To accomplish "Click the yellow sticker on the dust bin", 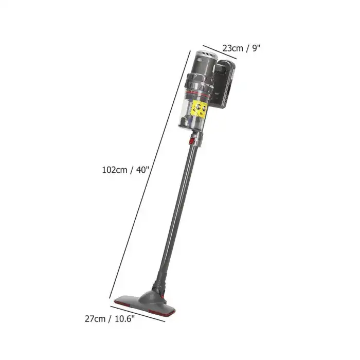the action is coord(199,109).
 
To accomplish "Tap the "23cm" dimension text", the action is coord(232,48).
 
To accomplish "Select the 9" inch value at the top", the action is coord(256,48).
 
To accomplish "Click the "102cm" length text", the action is coord(114,170).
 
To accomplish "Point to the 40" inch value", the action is coord(142,170).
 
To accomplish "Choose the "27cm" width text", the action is coord(95,319).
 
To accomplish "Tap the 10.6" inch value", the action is coord(124,319).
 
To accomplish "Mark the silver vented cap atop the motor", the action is coord(206,54).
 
